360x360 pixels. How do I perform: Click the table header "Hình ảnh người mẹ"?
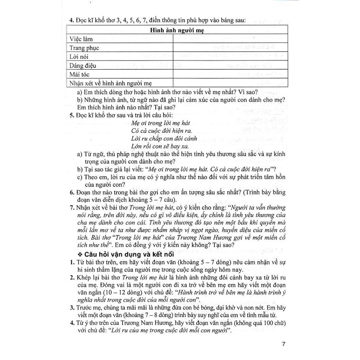tap(177, 30)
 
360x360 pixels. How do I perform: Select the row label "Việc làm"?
tap(81, 39)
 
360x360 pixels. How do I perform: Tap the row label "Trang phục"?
tap(84, 48)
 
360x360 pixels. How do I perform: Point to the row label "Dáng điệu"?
tap(83, 65)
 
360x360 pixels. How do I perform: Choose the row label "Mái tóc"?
tap(79, 75)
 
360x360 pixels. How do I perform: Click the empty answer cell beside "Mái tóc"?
tap(230, 75)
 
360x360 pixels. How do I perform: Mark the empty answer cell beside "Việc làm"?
tap(230, 39)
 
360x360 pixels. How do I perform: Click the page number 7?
tap(283, 344)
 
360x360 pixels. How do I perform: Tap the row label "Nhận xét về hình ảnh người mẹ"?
tap(110, 83)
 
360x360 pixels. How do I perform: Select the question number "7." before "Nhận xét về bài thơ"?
tap(71, 207)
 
